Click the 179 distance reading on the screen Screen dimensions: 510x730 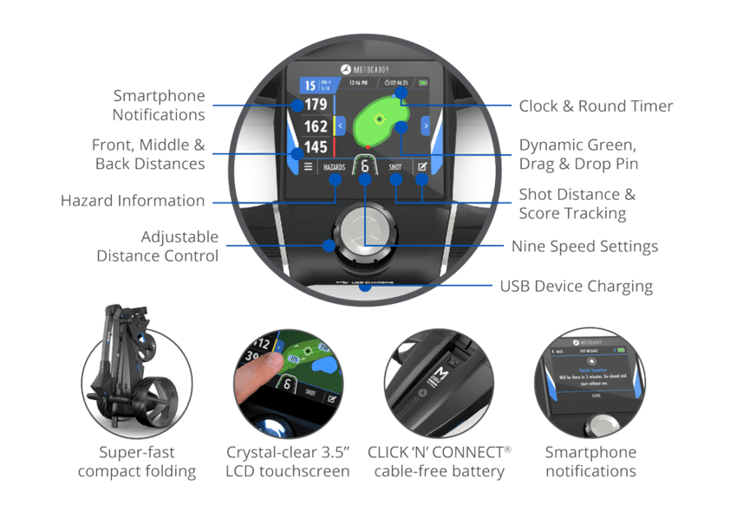click(x=316, y=106)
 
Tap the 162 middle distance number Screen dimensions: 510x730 click(x=316, y=127)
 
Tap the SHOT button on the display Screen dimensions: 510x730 click(x=395, y=168)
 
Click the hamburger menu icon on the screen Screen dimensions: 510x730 click(x=307, y=167)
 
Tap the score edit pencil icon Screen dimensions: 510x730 click(x=422, y=167)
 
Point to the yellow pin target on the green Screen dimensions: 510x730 click(x=379, y=119)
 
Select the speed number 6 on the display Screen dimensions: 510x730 click(x=365, y=167)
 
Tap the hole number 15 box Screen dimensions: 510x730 click(x=310, y=85)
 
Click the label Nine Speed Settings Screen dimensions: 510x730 click(x=584, y=247)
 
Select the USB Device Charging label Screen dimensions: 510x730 click(x=577, y=287)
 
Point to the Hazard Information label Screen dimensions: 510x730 click(x=133, y=201)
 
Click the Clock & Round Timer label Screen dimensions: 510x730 click(x=596, y=107)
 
